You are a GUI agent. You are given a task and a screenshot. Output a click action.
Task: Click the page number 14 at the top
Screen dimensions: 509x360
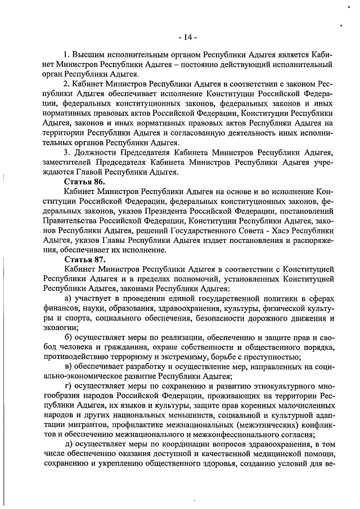pos(187,37)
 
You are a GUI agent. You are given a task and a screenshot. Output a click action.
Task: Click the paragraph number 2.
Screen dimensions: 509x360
pos(66,84)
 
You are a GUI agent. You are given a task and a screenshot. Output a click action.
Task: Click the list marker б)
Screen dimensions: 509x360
pos(68,336)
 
